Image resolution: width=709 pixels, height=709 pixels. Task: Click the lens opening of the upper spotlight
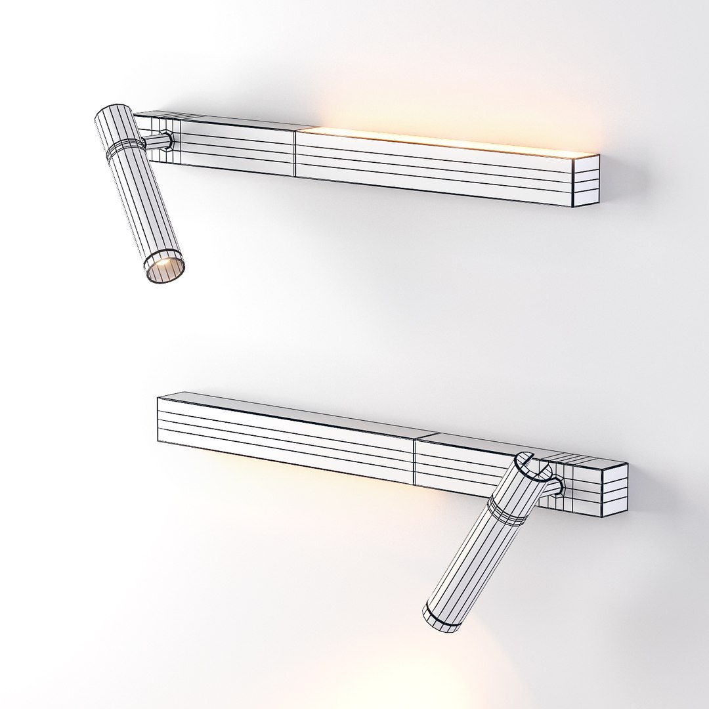(x=164, y=267)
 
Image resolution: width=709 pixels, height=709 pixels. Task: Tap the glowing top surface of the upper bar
(x=446, y=141)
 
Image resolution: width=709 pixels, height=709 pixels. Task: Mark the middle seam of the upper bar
(x=296, y=153)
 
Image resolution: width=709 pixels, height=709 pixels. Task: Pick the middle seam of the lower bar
(x=415, y=460)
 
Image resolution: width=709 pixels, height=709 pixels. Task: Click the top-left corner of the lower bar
(x=159, y=398)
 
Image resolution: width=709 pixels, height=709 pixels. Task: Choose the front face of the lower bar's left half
(x=282, y=440)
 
